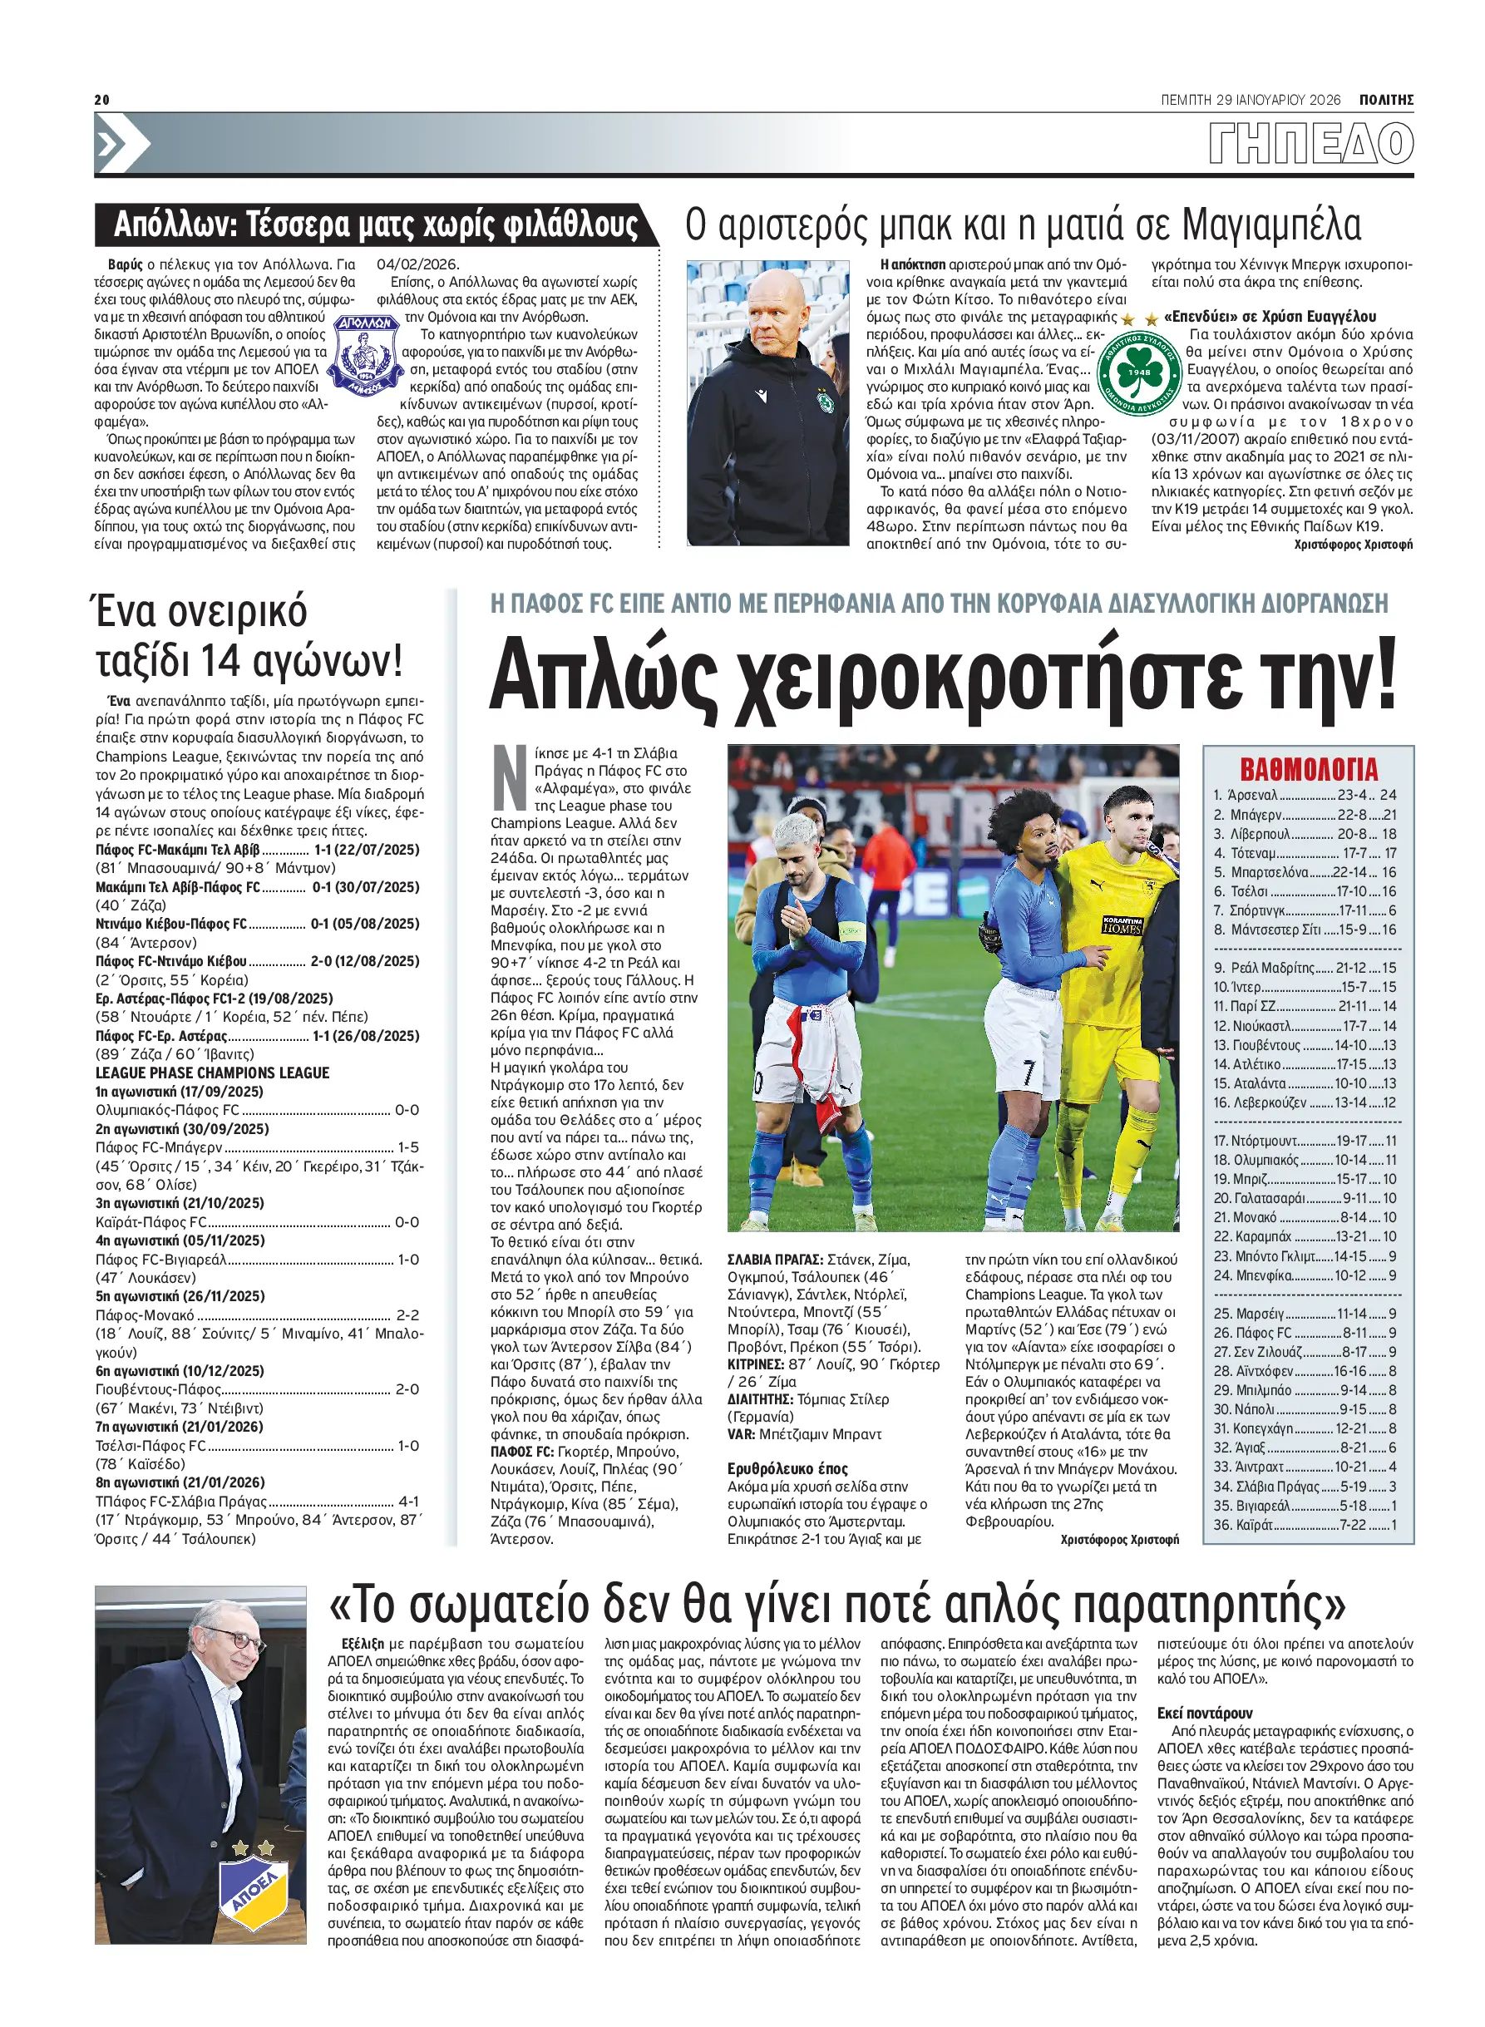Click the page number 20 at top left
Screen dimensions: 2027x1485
tap(101, 100)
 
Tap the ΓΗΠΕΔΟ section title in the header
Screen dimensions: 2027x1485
tap(1310, 144)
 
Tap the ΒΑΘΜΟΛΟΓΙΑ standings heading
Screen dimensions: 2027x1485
tap(1308, 769)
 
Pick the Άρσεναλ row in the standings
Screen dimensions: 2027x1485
tap(1305, 795)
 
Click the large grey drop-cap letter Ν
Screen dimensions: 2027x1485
tap(510, 777)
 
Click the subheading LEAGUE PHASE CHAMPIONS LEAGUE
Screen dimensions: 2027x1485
tap(212, 1073)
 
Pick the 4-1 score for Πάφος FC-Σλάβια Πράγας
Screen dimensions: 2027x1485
tap(408, 1502)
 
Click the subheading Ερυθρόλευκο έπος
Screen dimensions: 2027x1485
tap(787, 1469)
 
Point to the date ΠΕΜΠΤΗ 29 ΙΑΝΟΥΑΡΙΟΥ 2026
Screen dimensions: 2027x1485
tap(1251, 100)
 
